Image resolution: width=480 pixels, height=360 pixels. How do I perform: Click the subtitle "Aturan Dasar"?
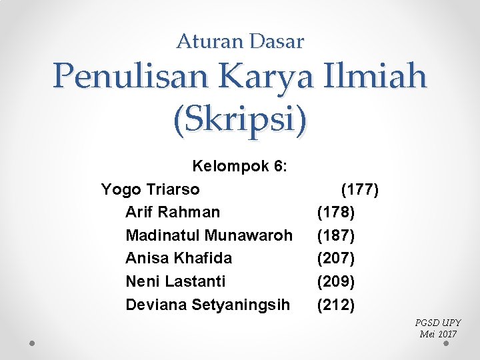point(240,42)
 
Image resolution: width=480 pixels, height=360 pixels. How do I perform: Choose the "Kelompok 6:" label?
point(240,166)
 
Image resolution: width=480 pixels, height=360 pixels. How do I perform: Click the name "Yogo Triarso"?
point(150,189)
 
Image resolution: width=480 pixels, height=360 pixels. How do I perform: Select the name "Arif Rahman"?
point(173,212)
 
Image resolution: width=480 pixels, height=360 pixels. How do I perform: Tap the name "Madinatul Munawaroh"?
point(209,235)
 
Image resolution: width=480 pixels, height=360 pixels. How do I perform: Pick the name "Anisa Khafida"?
point(179,258)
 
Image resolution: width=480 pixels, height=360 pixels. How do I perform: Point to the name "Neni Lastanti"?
point(175,281)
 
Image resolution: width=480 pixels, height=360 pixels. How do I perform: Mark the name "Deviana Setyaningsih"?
point(208,305)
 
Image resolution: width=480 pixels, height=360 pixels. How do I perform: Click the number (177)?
point(360,189)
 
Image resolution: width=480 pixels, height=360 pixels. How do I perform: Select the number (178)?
point(336,212)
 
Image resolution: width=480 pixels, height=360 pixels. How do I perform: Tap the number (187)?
point(336,235)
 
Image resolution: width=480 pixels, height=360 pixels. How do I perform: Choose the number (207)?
point(336,258)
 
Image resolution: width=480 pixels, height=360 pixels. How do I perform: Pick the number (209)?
point(336,281)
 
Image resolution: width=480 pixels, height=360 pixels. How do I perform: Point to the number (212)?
point(336,305)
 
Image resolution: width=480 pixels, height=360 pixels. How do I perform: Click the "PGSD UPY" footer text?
point(437,323)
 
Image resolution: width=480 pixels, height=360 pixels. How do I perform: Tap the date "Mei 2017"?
point(438,334)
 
